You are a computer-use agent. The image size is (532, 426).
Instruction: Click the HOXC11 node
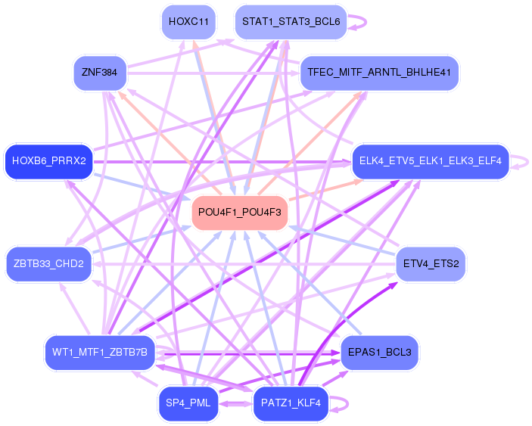189,22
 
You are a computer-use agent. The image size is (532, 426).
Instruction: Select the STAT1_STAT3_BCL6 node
291,22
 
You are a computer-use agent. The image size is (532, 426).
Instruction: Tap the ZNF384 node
100,73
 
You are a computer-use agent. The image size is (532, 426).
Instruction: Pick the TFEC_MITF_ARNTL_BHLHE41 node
380,73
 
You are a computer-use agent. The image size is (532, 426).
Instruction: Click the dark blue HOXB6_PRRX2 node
48,161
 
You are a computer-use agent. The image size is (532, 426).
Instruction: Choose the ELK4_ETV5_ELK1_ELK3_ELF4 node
430,161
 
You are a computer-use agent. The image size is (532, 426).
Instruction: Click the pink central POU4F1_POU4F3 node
240,213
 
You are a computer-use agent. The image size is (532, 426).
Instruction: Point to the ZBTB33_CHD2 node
48,263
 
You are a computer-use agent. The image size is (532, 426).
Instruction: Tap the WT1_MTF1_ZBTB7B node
100,352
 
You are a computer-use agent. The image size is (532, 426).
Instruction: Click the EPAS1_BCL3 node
379,352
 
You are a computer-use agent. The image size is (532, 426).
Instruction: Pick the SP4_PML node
188,403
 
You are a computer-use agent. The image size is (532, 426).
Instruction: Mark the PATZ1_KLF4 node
291,403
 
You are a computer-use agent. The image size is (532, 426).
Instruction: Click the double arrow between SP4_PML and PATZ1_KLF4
235,403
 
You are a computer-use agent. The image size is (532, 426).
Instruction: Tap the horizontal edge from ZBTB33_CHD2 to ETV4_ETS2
250,263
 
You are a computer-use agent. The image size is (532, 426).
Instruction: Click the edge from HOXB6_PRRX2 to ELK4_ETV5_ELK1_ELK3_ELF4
227,161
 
